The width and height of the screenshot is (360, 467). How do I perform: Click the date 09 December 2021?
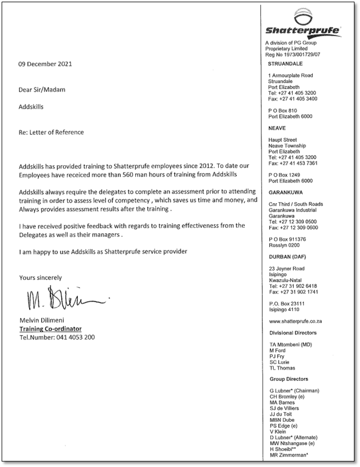coord(46,64)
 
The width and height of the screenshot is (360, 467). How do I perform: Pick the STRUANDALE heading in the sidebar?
coord(287,64)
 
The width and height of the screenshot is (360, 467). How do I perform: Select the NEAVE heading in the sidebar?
coord(278,129)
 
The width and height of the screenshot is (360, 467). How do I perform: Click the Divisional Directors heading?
coord(293,333)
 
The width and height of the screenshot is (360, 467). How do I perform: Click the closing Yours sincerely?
coord(41,277)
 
